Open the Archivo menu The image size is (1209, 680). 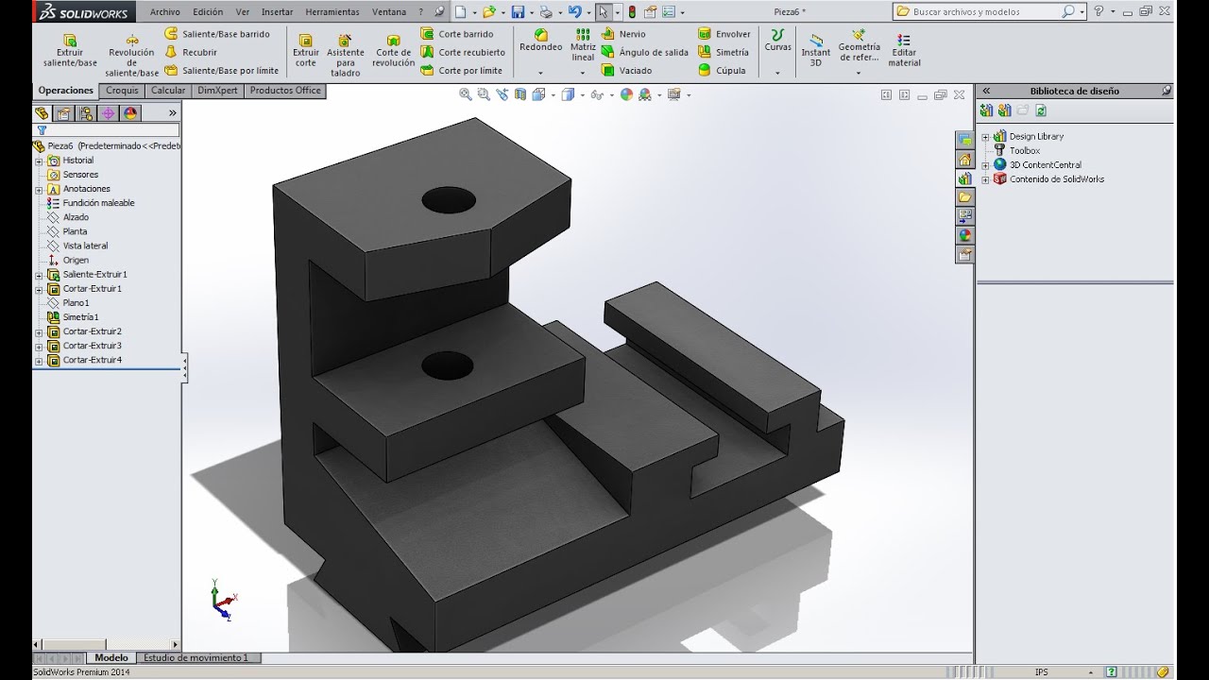164,12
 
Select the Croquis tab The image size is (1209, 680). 122,91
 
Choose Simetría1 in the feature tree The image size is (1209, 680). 80,317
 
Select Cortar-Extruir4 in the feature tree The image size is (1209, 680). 92,360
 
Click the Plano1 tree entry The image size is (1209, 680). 76,303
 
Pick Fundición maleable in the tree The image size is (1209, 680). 98,203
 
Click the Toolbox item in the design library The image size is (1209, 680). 1024,150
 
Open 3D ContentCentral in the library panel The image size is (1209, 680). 1045,164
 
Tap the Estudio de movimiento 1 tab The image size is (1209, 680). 196,657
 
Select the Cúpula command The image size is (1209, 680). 730,70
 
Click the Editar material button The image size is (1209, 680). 904,51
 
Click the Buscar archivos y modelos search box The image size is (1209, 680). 982,11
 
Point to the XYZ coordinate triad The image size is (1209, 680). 223,600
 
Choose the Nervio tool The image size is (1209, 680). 632,34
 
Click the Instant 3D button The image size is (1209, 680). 815,51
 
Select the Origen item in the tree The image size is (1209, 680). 76,260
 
